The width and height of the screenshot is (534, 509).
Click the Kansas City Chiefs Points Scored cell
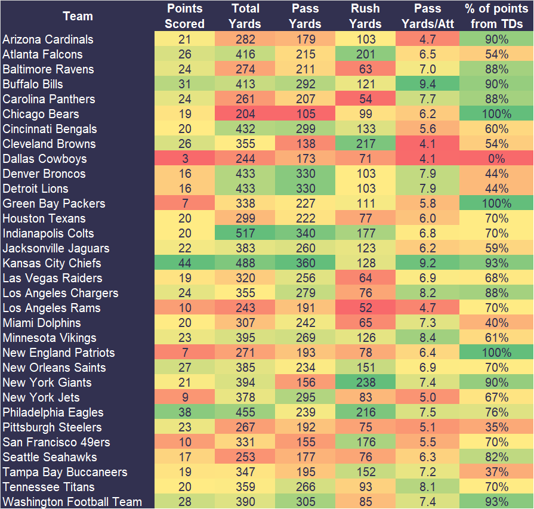click(x=184, y=263)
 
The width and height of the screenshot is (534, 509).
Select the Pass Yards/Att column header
click(x=427, y=16)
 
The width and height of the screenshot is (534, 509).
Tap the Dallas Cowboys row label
click(x=45, y=159)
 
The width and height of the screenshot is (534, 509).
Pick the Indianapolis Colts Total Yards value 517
click(x=245, y=233)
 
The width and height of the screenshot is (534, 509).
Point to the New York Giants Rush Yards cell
click(x=365, y=382)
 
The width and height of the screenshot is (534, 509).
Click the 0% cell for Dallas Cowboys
click(x=496, y=159)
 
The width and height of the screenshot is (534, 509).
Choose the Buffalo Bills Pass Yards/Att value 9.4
click(x=427, y=84)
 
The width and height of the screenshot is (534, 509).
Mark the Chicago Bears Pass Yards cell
click(x=305, y=114)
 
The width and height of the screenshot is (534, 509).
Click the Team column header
click(x=78, y=16)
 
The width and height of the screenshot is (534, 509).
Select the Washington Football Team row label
click(x=72, y=502)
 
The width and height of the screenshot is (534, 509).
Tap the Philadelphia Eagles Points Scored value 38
click(x=184, y=412)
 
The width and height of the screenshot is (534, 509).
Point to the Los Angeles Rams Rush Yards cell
click(x=365, y=308)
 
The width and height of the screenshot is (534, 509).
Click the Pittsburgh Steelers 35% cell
click(x=496, y=427)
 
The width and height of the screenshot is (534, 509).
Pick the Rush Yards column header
click(x=365, y=16)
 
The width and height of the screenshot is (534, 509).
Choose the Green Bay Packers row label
click(x=54, y=203)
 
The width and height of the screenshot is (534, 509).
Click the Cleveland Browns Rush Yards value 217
click(x=365, y=144)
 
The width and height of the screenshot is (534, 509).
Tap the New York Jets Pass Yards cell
click(x=305, y=397)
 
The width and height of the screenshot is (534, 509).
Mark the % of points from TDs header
click(x=496, y=16)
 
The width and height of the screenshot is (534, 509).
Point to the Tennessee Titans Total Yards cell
click(x=245, y=487)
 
